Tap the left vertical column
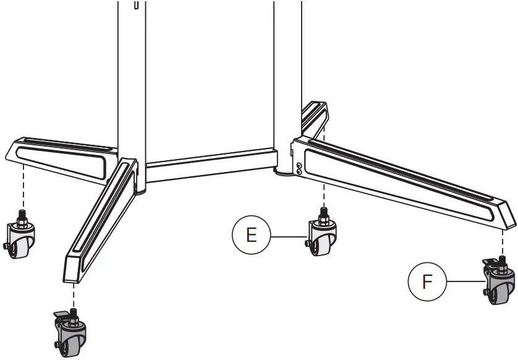tap(132, 80)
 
